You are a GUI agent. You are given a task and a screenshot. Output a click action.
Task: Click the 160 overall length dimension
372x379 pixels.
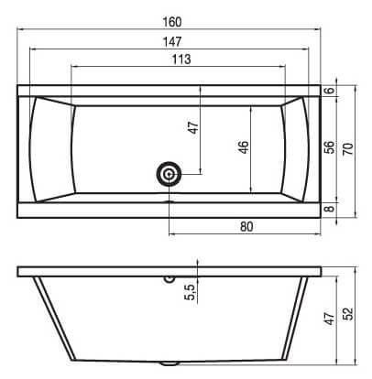click(x=172, y=22)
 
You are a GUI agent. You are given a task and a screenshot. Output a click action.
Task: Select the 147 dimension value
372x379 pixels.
click(x=172, y=42)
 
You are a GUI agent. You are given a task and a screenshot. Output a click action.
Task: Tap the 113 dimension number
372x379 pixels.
click(x=181, y=60)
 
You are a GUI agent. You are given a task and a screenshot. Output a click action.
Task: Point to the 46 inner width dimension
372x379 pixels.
click(x=244, y=146)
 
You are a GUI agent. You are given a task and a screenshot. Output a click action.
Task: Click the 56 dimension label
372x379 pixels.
click(x=330, y=147)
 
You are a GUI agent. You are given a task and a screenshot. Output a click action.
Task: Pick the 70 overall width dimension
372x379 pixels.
click(x=348, y=149)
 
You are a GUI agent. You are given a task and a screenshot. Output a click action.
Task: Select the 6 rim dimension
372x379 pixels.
click(x=330, y=91)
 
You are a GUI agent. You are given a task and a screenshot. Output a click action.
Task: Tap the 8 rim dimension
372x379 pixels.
click(x=330, y=209)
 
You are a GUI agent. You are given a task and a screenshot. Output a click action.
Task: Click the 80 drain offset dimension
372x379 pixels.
click(x=246, y=227)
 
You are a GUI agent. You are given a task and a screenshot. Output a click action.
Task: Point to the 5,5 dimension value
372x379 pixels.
click(x=190, y=292)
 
